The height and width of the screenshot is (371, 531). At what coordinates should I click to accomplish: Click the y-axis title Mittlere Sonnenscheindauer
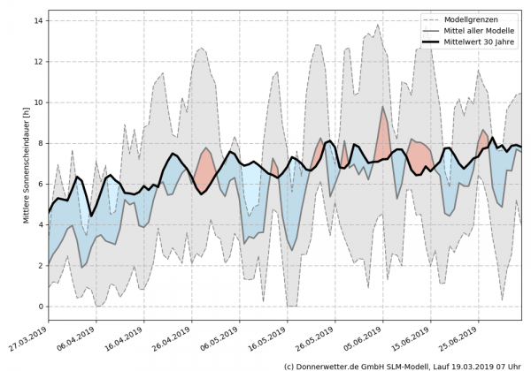click(26, 165)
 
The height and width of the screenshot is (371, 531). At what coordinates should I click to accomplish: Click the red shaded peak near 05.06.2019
click(383, 132)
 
